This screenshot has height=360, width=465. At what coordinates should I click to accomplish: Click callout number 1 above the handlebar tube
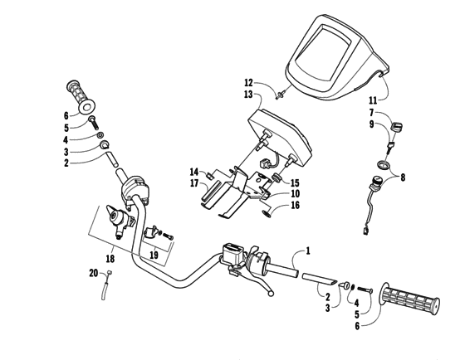pyautogui.click(x=308, y=250)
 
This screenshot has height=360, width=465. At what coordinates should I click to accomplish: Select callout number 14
pyautogui.click(x=193, y=172)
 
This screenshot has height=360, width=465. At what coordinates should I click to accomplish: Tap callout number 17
pyautogui.click(x=193, y=182)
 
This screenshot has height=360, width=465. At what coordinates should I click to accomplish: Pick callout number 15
pyautogui.click(x=295, y=182)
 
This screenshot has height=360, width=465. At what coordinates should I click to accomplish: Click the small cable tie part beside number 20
pyautogui.click(x=105, y=289)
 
